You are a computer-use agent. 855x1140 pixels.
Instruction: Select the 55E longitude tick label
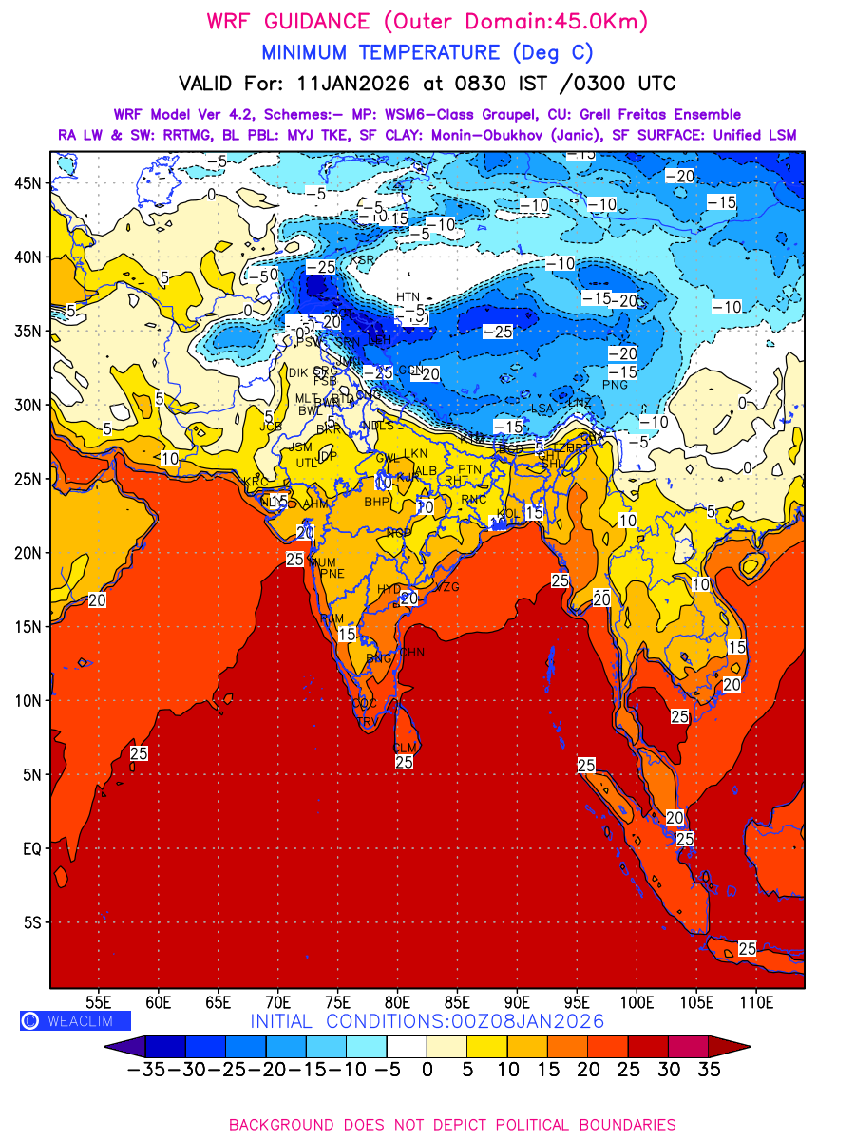pyautogui.click(x=99, y=1002)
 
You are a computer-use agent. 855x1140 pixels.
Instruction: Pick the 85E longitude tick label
pyautogui.click(x=457, y=1002)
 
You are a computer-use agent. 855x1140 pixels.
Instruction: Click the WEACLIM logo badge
pyautogui.click(x=75, y=1021)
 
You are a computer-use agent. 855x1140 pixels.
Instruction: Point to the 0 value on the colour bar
pyautogui.click(x=427, y=1071)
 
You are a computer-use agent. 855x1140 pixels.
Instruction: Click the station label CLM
pyautogui.click(x=406, y=748)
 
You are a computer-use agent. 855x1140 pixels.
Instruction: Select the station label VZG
pyautogui.click(x=446, y=587)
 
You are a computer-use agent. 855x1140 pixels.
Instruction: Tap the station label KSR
pyautogui.click(x=362, y=259)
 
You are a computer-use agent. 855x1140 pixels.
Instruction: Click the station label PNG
pyautogui.click(x=616, y=385)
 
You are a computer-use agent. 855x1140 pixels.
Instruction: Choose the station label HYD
pyautogui.click(x=389, y=589)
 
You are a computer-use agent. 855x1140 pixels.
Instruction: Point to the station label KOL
pyautogui.click(x=508, y=513)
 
